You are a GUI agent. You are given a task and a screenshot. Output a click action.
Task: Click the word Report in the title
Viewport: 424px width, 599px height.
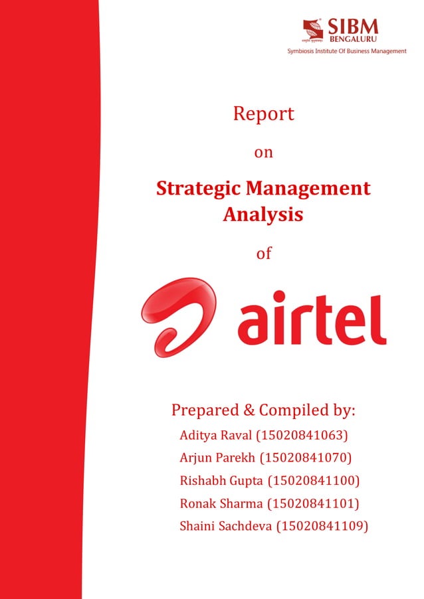[263, 114]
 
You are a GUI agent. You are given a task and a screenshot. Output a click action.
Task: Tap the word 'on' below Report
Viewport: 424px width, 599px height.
[264, 153]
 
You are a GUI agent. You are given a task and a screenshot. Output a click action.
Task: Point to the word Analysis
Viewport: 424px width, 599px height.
[263, 214]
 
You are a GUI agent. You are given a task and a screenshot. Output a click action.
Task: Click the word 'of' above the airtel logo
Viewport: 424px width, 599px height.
[264, 253]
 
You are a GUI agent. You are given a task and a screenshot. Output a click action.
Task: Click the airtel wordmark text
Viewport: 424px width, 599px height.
[312, 320]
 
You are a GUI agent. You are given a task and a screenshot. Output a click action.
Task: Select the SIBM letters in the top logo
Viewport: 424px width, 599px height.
[352, 27]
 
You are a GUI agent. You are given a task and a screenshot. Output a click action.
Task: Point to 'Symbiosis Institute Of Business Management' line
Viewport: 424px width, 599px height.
[346, 51]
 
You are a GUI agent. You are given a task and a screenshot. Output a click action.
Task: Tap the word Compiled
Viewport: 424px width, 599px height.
[293, 410]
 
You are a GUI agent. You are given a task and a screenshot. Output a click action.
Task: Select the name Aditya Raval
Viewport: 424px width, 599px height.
[211, 436]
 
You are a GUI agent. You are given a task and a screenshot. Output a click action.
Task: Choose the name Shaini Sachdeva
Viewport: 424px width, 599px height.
[225, 526]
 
